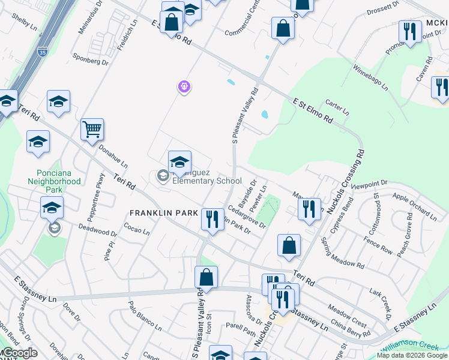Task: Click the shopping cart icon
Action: (92, 128)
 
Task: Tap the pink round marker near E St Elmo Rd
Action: (184, 88)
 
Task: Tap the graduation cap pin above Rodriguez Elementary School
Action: (179, 161)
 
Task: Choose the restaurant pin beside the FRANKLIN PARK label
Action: (211, 218)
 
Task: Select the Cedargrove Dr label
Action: (247, 216)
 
